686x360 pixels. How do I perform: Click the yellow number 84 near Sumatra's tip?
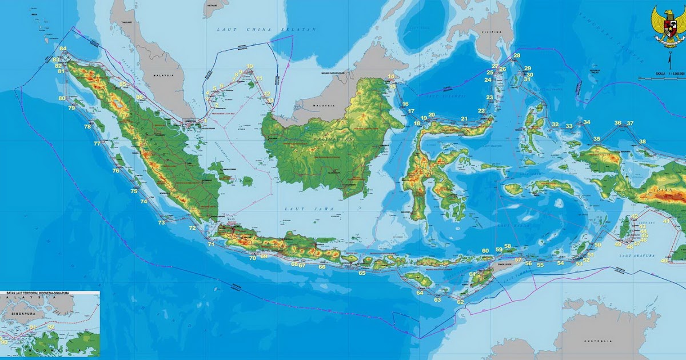[x=63, y=49]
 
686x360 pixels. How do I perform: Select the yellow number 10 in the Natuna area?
[x=249, y=66]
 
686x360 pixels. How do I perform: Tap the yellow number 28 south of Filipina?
[x=517, y=55]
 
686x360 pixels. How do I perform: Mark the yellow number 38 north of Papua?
[x=643, y=142]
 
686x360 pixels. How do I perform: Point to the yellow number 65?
[x=362, y=273]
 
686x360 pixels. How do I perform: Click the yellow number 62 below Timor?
[x=460, y=302]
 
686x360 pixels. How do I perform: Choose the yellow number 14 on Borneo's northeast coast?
[x=391, y=77]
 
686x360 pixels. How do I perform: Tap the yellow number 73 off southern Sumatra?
[x=162, y=222]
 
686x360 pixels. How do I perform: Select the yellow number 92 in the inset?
[x=51, y=327]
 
